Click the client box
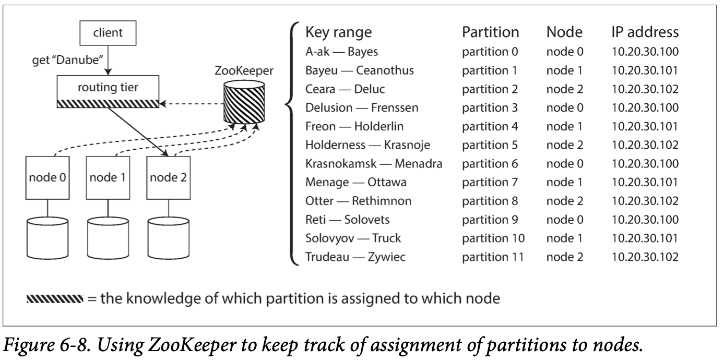click(x=108, y=33)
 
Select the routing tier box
click(x=108, y=91)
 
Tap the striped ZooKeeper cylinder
click(x=244, y=102)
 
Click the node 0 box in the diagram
click(x=48, y=178)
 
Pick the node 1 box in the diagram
click(x=108, y=178)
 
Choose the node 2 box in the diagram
click(x=169, y=178)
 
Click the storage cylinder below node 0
click(x=48, y=238)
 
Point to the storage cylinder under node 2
click(x=169, y=238)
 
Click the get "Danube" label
click(x=67, y=60)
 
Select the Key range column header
click(x=338, y=32)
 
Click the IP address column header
click(x=645, y=32)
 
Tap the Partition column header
click(x=490, y=32)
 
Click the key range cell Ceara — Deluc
click(x=345, y=89)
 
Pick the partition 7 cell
click(x=490, y=182)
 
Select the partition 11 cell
click(x=493, y=257)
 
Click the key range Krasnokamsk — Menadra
click(x=374, y=163)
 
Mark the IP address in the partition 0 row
click(x=645, y=52)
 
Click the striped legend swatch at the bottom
click(x=55, y=299)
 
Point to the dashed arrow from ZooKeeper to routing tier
click(x=192, y=104)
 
